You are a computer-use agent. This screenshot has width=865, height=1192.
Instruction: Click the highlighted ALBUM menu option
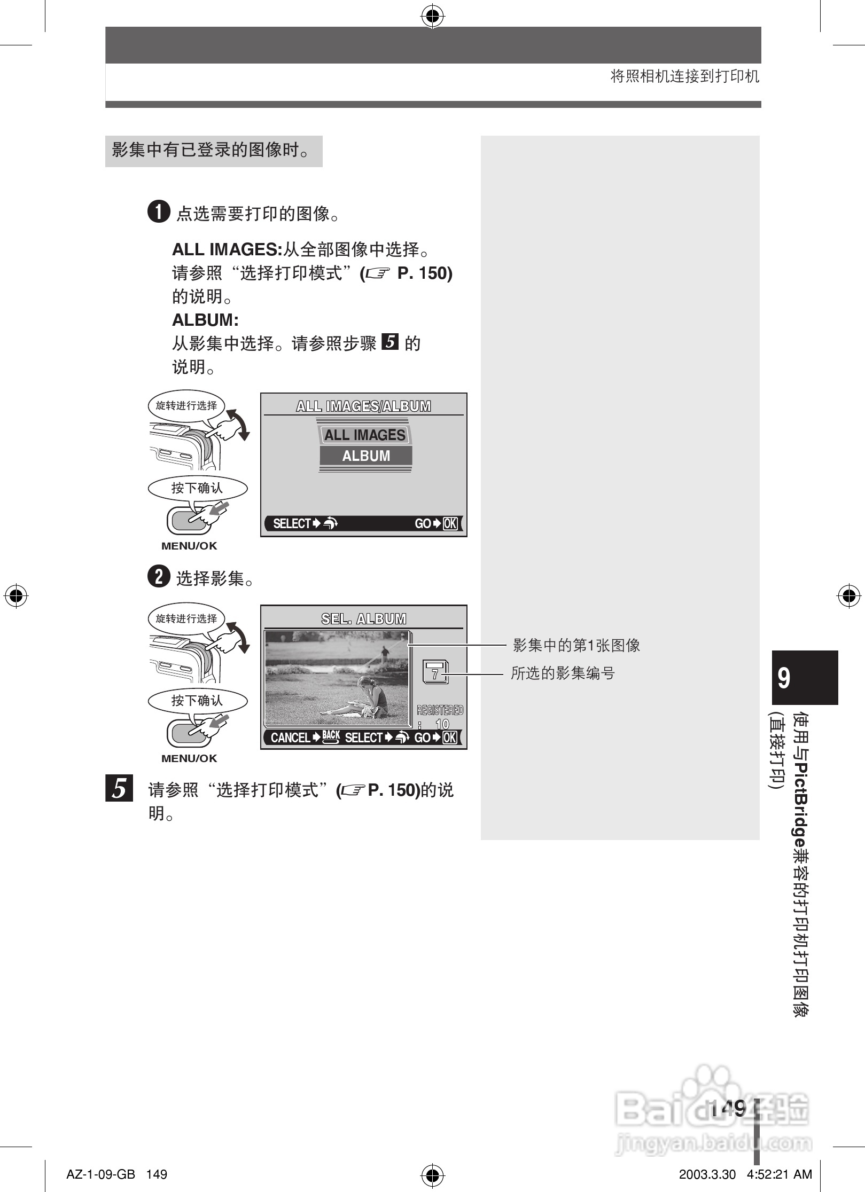click(x=366, y=456)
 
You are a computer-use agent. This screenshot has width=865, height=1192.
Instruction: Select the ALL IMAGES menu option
click(x=365, y=435)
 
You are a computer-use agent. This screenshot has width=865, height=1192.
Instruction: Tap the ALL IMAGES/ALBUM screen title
click(x=363, y=406)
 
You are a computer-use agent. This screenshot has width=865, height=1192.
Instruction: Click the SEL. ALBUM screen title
click(x=363, y=619)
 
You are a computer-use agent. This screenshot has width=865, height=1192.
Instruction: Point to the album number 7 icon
click(x=435, y=672)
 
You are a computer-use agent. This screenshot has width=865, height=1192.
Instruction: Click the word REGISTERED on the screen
click(x=440, y=710)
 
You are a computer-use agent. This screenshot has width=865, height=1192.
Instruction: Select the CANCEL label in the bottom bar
click(x=290, y=738)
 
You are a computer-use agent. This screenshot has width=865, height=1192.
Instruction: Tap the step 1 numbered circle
click(x=159, y=212)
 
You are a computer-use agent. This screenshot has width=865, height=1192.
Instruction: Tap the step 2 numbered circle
click(x=159, y=577)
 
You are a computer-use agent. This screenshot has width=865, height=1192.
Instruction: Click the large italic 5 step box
click(x=119, y=788)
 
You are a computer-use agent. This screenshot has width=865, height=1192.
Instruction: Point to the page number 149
click(x=728, y=1108)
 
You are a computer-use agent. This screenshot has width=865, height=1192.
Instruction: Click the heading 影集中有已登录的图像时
click(x=211, y=150)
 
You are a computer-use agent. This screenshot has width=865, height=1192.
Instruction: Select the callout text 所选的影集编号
click(x=563, y=673)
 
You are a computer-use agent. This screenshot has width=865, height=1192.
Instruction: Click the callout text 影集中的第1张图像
click(x=576, y=645)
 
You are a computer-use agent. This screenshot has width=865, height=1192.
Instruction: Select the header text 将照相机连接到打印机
click(x=684, y=77)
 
